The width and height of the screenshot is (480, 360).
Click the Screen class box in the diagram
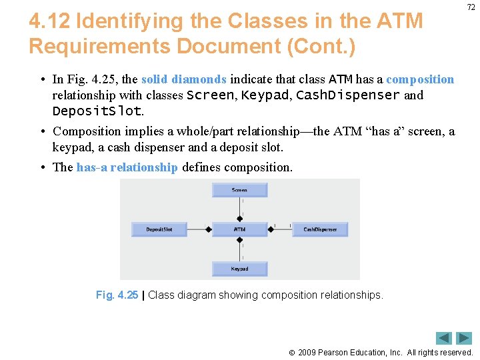[239, 190]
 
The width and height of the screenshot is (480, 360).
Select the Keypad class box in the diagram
[239, 269]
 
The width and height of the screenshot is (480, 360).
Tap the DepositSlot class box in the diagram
[159, 229]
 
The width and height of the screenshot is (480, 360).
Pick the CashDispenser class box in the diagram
[320, 229]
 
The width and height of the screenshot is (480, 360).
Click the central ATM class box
[239, 229]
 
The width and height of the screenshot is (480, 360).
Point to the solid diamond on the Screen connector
[239, 217]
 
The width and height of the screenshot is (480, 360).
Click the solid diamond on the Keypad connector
[239, 241]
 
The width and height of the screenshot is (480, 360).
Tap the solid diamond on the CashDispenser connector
[271, 229]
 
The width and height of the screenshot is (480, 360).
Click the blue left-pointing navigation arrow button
[444, 338]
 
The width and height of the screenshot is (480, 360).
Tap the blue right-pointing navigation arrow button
[464, 338]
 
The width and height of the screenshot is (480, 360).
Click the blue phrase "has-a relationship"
[127, 167]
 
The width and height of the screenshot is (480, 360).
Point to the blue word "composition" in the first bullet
[420, 80]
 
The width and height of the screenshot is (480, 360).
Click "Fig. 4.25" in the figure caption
[117, 295]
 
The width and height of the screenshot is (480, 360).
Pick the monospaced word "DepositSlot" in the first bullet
[97, 111]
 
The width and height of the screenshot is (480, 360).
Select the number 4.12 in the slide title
[49, 21]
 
